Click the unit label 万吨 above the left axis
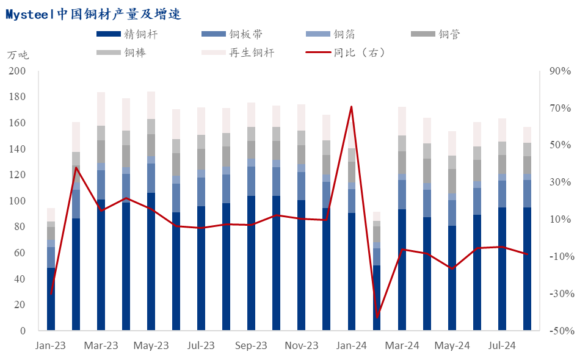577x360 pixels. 18,55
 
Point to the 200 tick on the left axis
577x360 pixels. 17,71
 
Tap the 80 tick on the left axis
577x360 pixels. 20,227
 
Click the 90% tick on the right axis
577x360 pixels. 558,71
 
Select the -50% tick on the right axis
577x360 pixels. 558,331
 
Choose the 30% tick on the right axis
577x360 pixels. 558,182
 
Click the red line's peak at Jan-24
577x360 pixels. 351,107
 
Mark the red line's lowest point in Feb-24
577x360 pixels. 377,317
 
